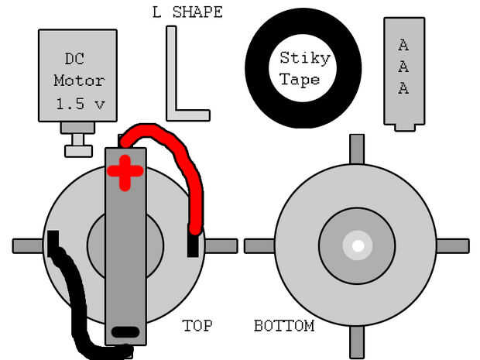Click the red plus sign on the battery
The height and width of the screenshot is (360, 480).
coord(125,172)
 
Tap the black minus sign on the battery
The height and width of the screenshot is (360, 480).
coord(125,332)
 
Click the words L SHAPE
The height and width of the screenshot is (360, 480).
coord(188,12)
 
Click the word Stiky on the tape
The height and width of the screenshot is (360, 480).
coord(304,58)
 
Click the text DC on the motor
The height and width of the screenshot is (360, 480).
coord(75,59)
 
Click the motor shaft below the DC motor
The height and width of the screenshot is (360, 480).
coord(78,142)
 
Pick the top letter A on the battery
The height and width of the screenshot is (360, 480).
coord(403,45)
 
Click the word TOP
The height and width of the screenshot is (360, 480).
coord(197,325)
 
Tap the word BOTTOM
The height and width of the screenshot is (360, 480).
coord(284,325)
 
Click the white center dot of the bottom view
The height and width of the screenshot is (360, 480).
coord(358,246)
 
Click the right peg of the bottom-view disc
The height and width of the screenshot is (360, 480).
coord(453,245)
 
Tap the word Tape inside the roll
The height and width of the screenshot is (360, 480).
coord(300,79)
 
